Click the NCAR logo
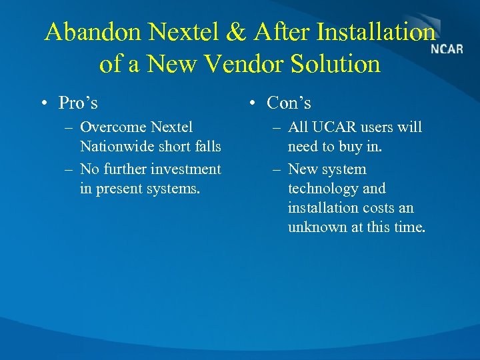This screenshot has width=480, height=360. tap(447, 49)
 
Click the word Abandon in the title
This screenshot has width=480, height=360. tap(93, 32)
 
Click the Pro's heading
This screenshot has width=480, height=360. tap(78, 103)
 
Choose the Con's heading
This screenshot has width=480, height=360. tap(289, 103)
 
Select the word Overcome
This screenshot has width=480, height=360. tap(113, 127)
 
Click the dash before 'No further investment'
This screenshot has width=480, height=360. tap(69, 169)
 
